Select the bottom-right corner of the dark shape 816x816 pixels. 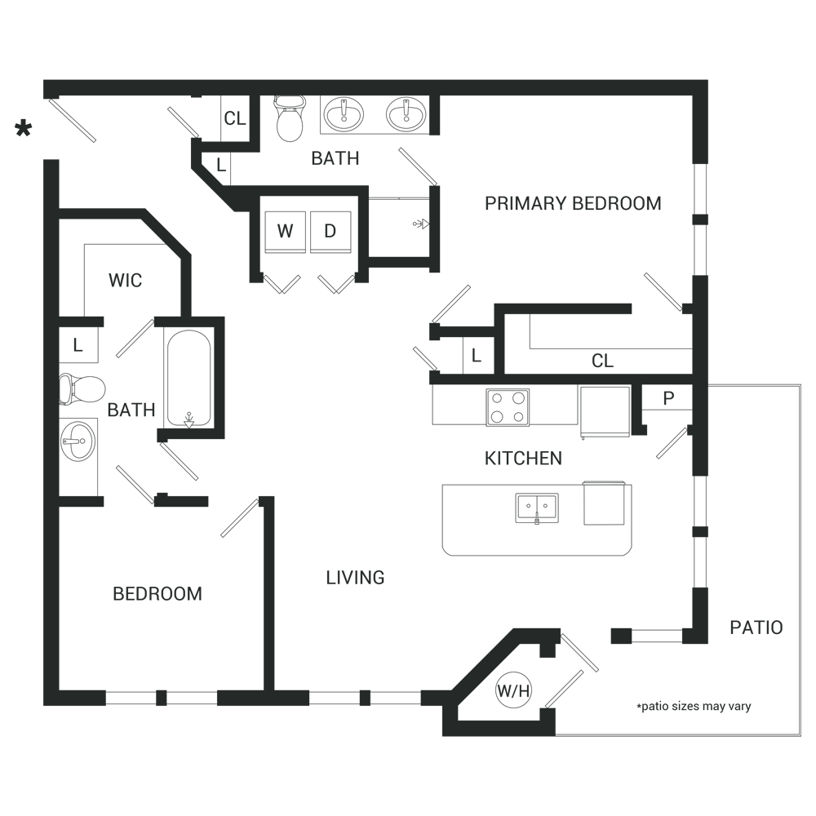pos(800,735)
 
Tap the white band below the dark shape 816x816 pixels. pos(408,775)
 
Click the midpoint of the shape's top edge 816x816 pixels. pos(398,80)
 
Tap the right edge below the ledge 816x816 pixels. pos(800,522)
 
